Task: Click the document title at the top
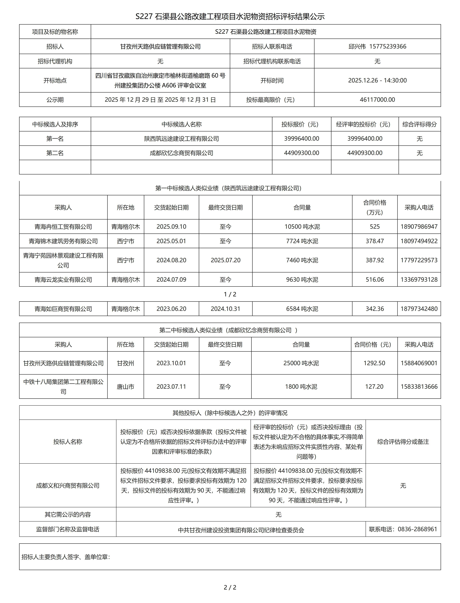230,17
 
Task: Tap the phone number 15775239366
388,47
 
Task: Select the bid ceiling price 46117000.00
377,100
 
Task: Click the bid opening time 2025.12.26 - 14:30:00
377,80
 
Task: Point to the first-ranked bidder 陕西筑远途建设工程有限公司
182,139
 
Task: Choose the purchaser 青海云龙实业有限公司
63,280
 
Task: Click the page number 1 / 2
230,294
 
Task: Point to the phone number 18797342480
419,309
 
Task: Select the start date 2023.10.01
171,363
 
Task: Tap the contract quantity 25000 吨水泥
301,363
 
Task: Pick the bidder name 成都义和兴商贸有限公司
68,486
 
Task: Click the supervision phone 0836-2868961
417,529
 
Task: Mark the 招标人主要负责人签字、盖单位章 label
66,557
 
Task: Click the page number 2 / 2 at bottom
230,587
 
